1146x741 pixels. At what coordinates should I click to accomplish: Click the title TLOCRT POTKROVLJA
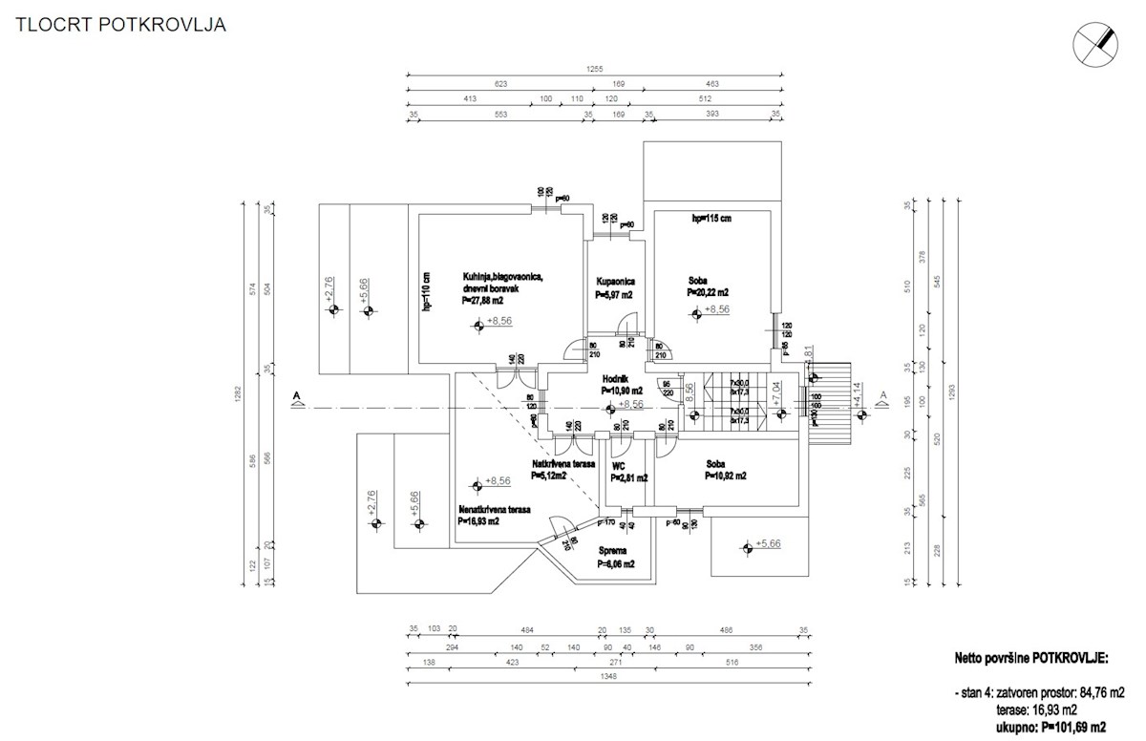120,26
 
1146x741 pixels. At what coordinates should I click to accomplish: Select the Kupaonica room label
615,283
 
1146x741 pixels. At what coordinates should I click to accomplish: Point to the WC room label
619,466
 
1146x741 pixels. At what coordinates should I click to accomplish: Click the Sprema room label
612,551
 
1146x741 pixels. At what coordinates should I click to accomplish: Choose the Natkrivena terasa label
563,464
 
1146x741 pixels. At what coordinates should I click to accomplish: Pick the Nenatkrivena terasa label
495,510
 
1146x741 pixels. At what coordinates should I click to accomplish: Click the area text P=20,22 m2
708,292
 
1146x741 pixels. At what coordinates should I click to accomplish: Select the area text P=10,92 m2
726,475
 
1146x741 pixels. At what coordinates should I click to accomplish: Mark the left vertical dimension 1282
236,401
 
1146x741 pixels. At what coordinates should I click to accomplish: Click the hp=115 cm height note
711,219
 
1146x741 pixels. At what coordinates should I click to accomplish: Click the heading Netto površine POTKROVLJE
1030,659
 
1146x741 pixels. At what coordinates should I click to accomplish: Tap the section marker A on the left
298,400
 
